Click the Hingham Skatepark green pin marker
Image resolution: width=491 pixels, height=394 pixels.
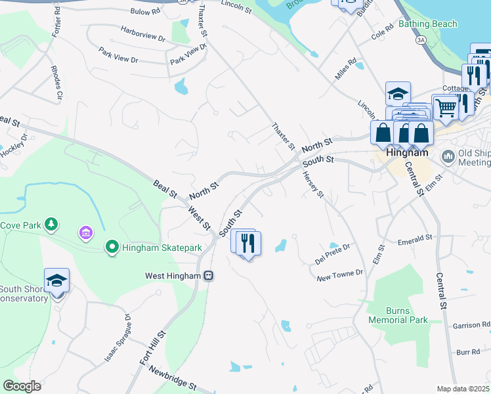[x=112, y=248]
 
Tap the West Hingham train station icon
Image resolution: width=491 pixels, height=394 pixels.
[x=208, y=275]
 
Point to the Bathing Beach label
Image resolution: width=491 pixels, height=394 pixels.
[x=427, y=24]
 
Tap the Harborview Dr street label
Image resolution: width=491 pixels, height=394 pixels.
[x=142, y=33]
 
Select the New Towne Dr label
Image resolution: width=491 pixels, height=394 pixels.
[x=339, y=276]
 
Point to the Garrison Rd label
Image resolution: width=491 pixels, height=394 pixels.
[x=471, y=325]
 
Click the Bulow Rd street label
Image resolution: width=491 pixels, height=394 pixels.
[x=145, y=11]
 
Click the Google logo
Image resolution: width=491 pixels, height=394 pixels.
[x=22, y=386]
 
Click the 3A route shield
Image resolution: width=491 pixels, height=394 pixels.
[x=419, y=40]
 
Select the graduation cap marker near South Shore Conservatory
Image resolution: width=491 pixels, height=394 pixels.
[x=56, y=281]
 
